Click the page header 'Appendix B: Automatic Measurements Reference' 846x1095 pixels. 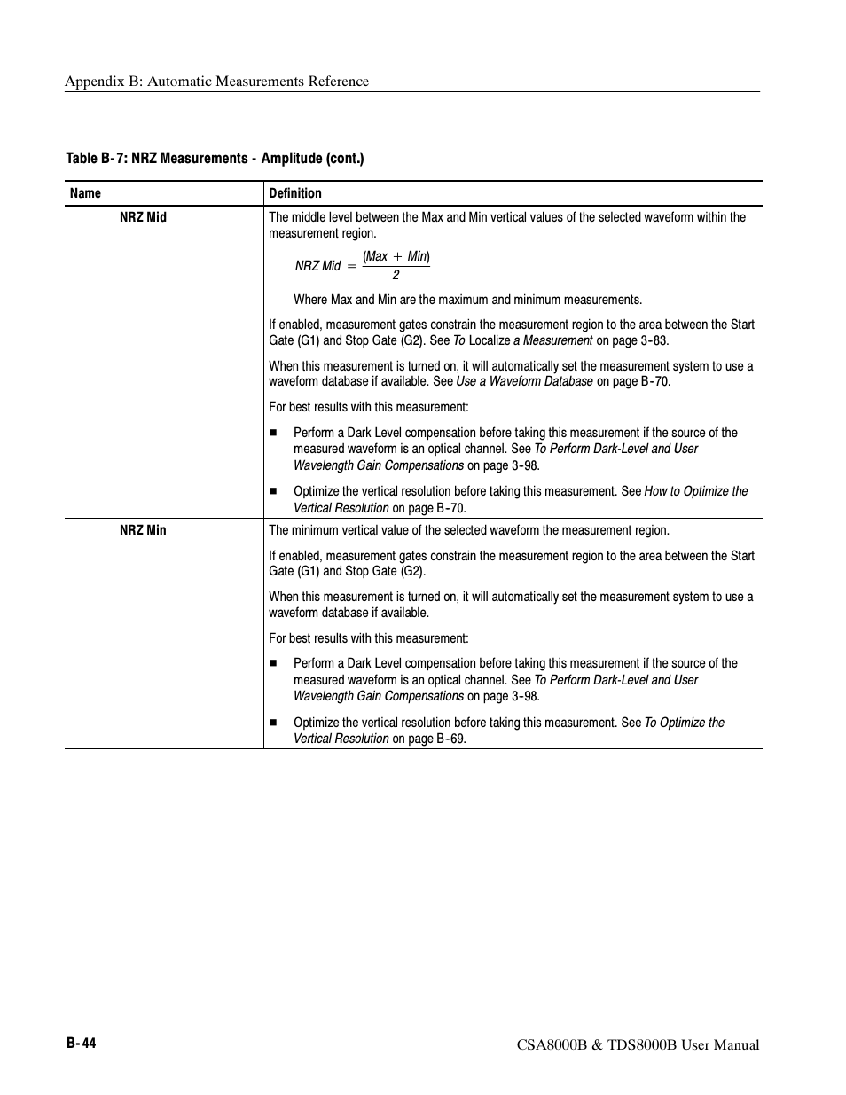216,82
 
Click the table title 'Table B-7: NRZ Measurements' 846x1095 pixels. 215,159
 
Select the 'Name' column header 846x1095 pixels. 85,193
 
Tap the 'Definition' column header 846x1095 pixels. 295,193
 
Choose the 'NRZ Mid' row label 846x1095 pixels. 143,217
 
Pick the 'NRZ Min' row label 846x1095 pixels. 143,530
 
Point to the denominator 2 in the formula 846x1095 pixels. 396,275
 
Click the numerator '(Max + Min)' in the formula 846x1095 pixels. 396,256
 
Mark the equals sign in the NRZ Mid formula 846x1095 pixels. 351,266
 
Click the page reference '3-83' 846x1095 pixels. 654,340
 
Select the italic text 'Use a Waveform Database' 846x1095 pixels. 524,381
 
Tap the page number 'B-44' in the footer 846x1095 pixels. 81,1044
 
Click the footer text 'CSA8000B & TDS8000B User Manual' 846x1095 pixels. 638,1045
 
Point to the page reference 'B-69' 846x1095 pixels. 450,739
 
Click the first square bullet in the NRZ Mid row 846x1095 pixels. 274,433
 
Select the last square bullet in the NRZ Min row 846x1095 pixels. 274,723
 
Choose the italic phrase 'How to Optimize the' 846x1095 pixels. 696,491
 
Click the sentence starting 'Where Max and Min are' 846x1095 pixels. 467,300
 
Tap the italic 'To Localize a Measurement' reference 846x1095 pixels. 522,340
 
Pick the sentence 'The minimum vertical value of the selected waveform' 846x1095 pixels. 469,530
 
